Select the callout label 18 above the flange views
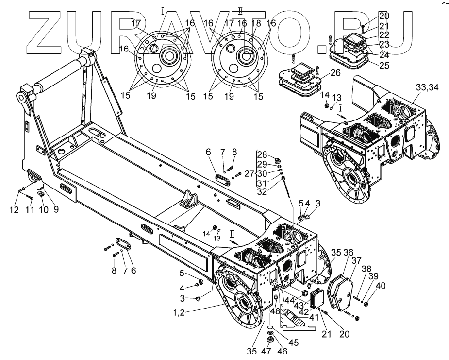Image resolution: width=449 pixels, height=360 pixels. (257, 23)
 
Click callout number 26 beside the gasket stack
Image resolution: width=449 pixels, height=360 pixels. (335, 73)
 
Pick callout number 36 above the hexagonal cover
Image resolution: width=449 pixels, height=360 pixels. (349, 252)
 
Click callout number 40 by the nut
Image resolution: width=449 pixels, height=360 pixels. (381, 286)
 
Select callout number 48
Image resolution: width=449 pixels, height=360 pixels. (276, 311)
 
